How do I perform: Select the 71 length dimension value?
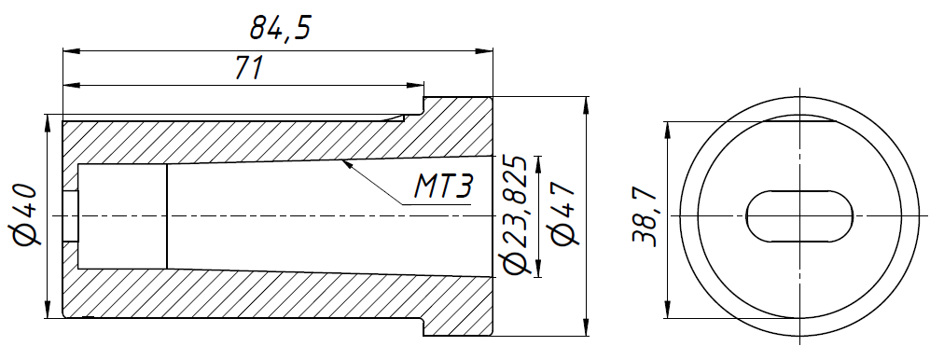coord(246,68)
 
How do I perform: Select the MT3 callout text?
coord(442,189)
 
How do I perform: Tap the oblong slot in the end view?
coord(800,216)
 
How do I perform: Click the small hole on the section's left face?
coord(71,216)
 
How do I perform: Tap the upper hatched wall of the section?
coord(280,140)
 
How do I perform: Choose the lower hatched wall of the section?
coord(280,294)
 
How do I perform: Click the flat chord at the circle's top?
coord(800,121)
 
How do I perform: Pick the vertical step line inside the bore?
coord(167,215)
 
